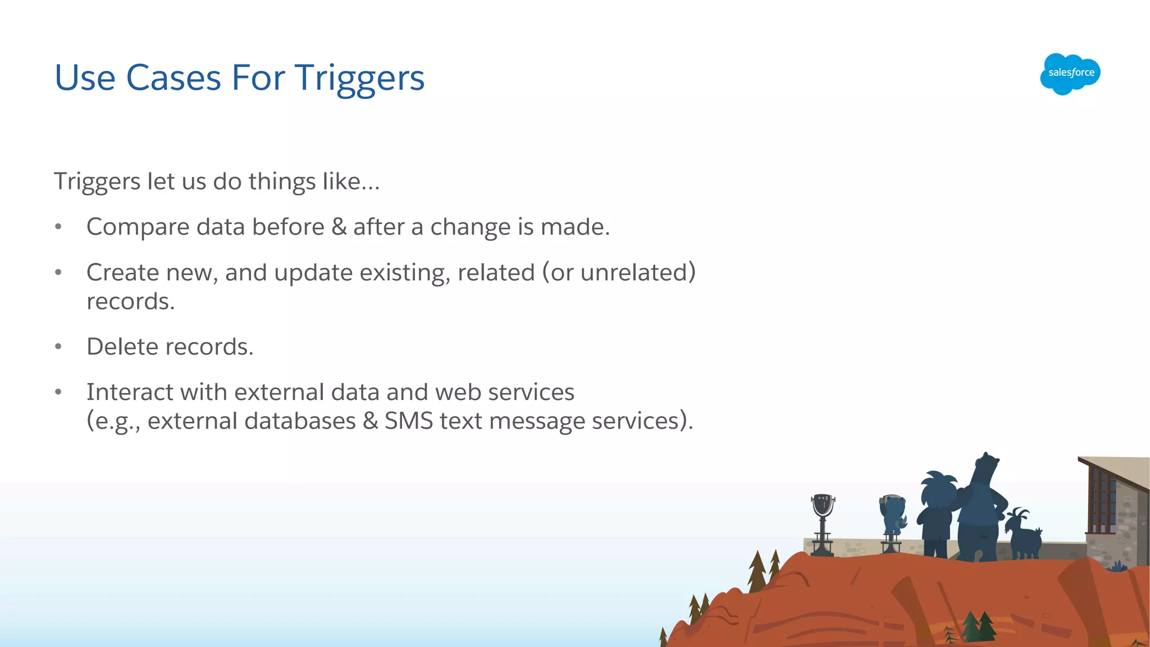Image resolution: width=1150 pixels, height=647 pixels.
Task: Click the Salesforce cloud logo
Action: (x=1070, y=74)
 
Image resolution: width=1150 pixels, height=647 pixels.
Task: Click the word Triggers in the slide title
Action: (x=359, y=78)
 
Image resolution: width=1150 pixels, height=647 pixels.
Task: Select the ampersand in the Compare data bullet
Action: (x=339, y=227)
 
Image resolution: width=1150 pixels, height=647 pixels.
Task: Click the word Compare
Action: (x=138, y=227)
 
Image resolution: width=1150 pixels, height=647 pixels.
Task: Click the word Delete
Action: (x=122, y=347)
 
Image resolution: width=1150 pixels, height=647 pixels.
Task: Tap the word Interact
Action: (x=130, y=392)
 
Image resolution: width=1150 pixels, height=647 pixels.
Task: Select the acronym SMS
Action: (x=409, y=421)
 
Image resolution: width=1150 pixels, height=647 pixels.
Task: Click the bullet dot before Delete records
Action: (x=58, y=347)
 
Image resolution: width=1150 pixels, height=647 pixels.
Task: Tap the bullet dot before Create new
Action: (x=58, y=273)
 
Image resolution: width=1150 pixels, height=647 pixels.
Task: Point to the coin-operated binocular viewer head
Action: (x=823, y=505)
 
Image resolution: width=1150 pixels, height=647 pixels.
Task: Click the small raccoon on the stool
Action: (x=892, y=513)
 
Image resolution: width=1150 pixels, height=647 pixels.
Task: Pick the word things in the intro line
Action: (x=282, y=182)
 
